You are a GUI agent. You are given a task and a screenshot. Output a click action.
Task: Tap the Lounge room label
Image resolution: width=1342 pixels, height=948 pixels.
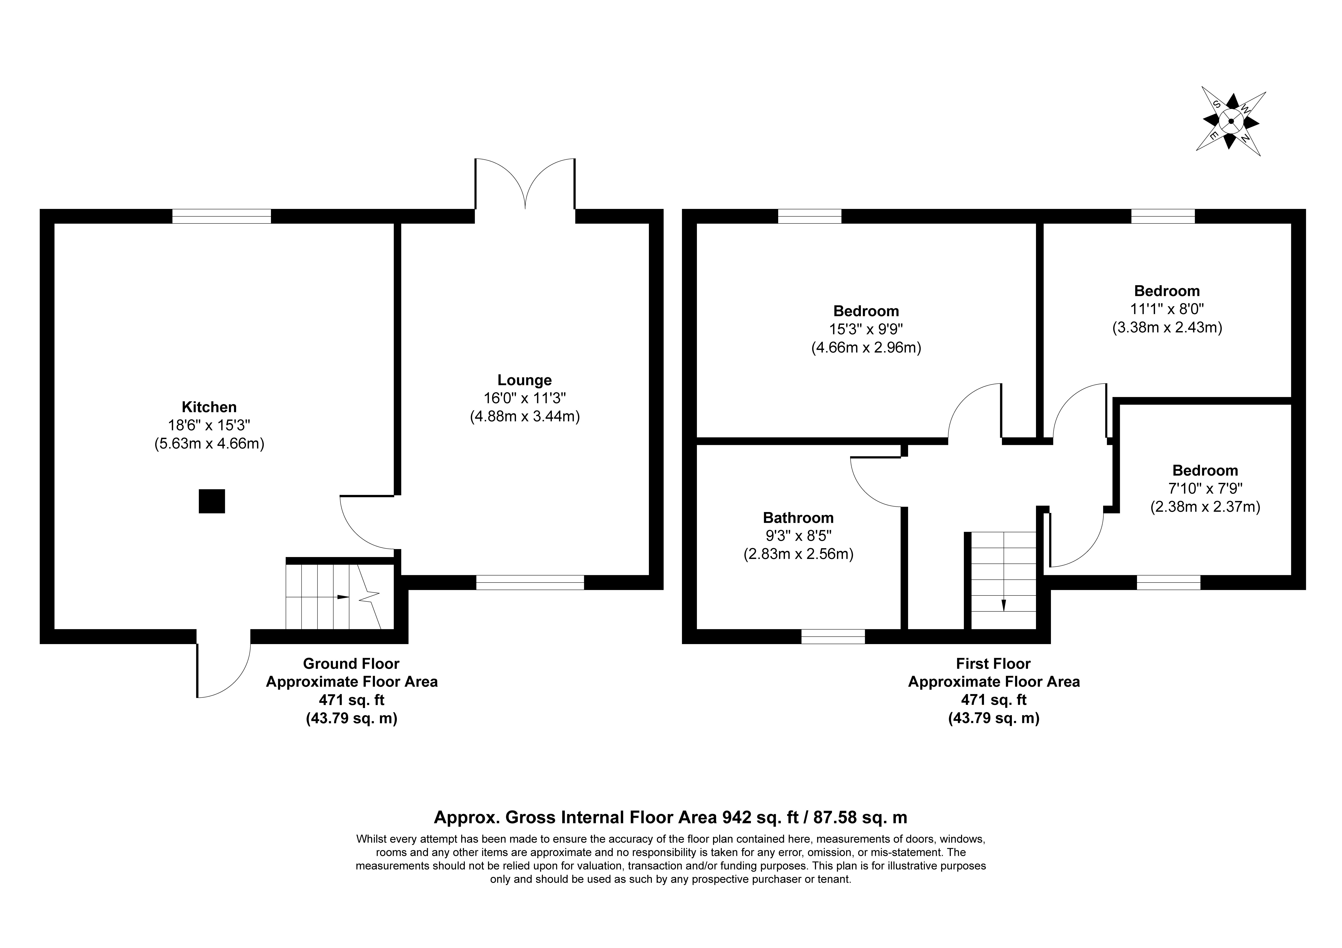[x=524, y=380]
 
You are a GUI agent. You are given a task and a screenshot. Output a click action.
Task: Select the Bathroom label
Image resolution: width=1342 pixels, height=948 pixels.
[x=798, y=518]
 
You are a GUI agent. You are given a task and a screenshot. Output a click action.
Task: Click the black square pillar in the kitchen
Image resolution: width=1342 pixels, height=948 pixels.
[x=212, y=501]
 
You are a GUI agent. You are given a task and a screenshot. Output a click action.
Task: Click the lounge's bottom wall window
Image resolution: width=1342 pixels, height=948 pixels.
[x=530, y=582]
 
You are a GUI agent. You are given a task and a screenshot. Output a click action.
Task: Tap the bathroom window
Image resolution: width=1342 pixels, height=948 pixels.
[x=833, y=637]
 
